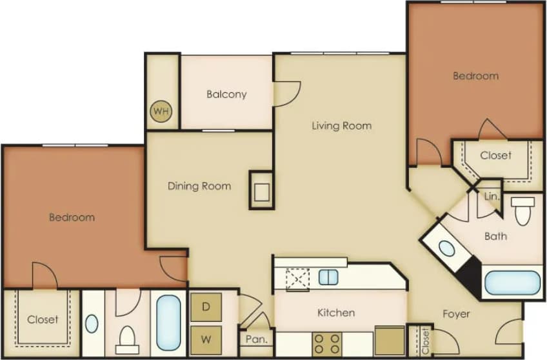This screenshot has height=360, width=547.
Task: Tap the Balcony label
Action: click(x=226, y=94)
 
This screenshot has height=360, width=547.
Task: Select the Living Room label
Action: click(x=341, y=126)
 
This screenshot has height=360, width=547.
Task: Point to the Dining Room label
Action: click(x=199, y=186)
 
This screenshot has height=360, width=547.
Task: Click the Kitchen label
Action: click(x=336, y=313)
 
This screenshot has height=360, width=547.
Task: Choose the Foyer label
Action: click(x=456, y=314)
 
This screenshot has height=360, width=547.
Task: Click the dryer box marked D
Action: click(x=206, y=307)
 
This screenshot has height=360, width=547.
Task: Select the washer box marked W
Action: click(x=206, y=337)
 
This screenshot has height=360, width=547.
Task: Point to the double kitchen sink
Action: click(x=328, y=277)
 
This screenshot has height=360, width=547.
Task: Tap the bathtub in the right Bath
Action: click(x=512, y=283)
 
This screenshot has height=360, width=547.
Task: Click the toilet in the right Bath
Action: click(x=522, y=210)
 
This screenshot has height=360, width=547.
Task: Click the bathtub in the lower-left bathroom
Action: click(x=168, y=323)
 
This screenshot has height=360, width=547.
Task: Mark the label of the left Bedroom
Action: click(x=72, y=217)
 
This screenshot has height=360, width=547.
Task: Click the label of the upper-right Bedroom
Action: click(x=475, y=76)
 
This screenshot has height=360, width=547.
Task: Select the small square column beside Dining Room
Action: click(x=261, y=190)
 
